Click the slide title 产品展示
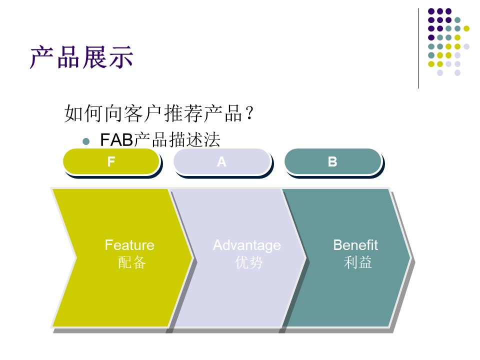(x=81, y=57)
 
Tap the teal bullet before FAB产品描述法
(x=85, y=141)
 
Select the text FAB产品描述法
(x=160, y=140)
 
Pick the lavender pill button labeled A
(x=221, y=161)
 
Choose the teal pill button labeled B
(x=332, y=161)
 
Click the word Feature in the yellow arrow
(x=129, y=245)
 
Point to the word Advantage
(x=246, y=245)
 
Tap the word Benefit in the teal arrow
(x=355, y=245)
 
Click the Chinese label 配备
(x=131, y=262)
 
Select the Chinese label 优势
(x=248, y=262)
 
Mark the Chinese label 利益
(x=358, y=262)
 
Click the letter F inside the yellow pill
(x=111, y=161)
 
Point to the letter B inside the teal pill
(x=332, y=161)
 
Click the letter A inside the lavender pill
(x=221, y=161)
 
